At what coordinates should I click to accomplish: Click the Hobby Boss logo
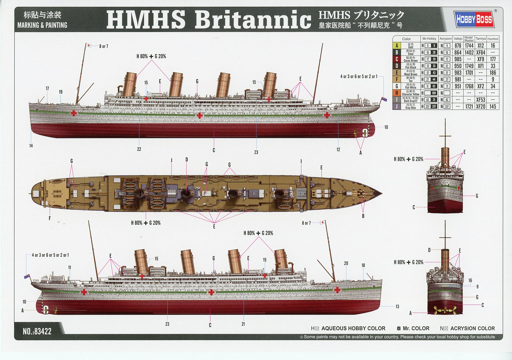point(474,19)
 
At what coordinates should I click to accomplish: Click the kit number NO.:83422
point(37,331)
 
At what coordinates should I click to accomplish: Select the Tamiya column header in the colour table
point(480,39)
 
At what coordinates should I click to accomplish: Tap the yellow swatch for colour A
point(397,46)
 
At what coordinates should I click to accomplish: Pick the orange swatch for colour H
point(397,93)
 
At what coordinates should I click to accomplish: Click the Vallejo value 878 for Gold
point(458,46)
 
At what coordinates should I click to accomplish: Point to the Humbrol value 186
point(492,73)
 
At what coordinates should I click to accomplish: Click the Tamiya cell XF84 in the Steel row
point(480,53)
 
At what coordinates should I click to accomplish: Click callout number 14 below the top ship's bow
point(31,146)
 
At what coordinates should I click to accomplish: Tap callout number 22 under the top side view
point(139,149)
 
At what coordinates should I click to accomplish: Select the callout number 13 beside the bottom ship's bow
point(397,306)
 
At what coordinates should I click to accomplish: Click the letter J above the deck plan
point(172,160)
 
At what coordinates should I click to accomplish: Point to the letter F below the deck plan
point(49,218)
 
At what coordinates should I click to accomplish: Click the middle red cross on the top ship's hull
point(199,115)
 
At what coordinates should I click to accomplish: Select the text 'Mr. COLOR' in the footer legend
point(416,328)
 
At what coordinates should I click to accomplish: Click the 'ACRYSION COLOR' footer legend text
point(472,328)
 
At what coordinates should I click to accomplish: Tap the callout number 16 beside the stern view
point(470,280)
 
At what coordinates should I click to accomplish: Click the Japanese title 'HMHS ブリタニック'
point(361,15)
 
